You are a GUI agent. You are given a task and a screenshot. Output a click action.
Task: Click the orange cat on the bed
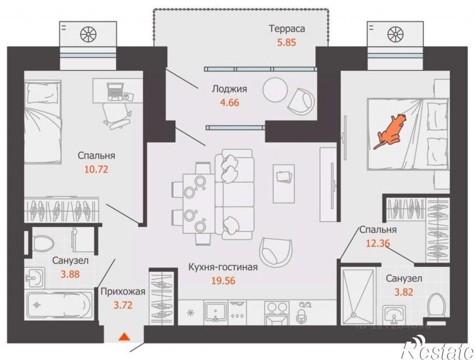[x=390, y=131]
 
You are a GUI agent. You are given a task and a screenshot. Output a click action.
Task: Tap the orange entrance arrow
[x=124, y=336]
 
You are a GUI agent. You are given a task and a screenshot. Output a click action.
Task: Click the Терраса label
[x=286, y=29]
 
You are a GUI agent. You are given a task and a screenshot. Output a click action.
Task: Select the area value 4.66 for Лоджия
[x=229, y=103]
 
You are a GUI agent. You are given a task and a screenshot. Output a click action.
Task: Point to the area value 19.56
[x=223, y=281]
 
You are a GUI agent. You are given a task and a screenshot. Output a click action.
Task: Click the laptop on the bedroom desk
[x=115, y=92]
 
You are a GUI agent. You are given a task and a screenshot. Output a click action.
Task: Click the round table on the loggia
[x=275, y=90]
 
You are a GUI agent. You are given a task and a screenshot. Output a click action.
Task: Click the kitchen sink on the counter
[x=216, y=312]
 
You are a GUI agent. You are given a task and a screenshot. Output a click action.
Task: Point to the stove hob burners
[x=276, y=308]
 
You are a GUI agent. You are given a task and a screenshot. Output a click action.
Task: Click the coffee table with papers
[x=284, y=184]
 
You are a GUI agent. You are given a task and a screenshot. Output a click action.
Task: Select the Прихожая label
[x=123, y=292]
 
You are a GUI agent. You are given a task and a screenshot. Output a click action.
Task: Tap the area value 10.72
[x=96, y=169]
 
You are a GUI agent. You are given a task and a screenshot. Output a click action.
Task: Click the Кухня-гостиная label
[x=223, y=268]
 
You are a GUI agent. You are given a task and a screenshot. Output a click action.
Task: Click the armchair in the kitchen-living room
[x=276, y=249]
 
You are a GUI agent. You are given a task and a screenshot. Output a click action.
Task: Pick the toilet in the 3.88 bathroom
[x=43, y=243]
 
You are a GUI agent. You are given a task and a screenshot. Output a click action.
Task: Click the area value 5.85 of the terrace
[x=286, y=43]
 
